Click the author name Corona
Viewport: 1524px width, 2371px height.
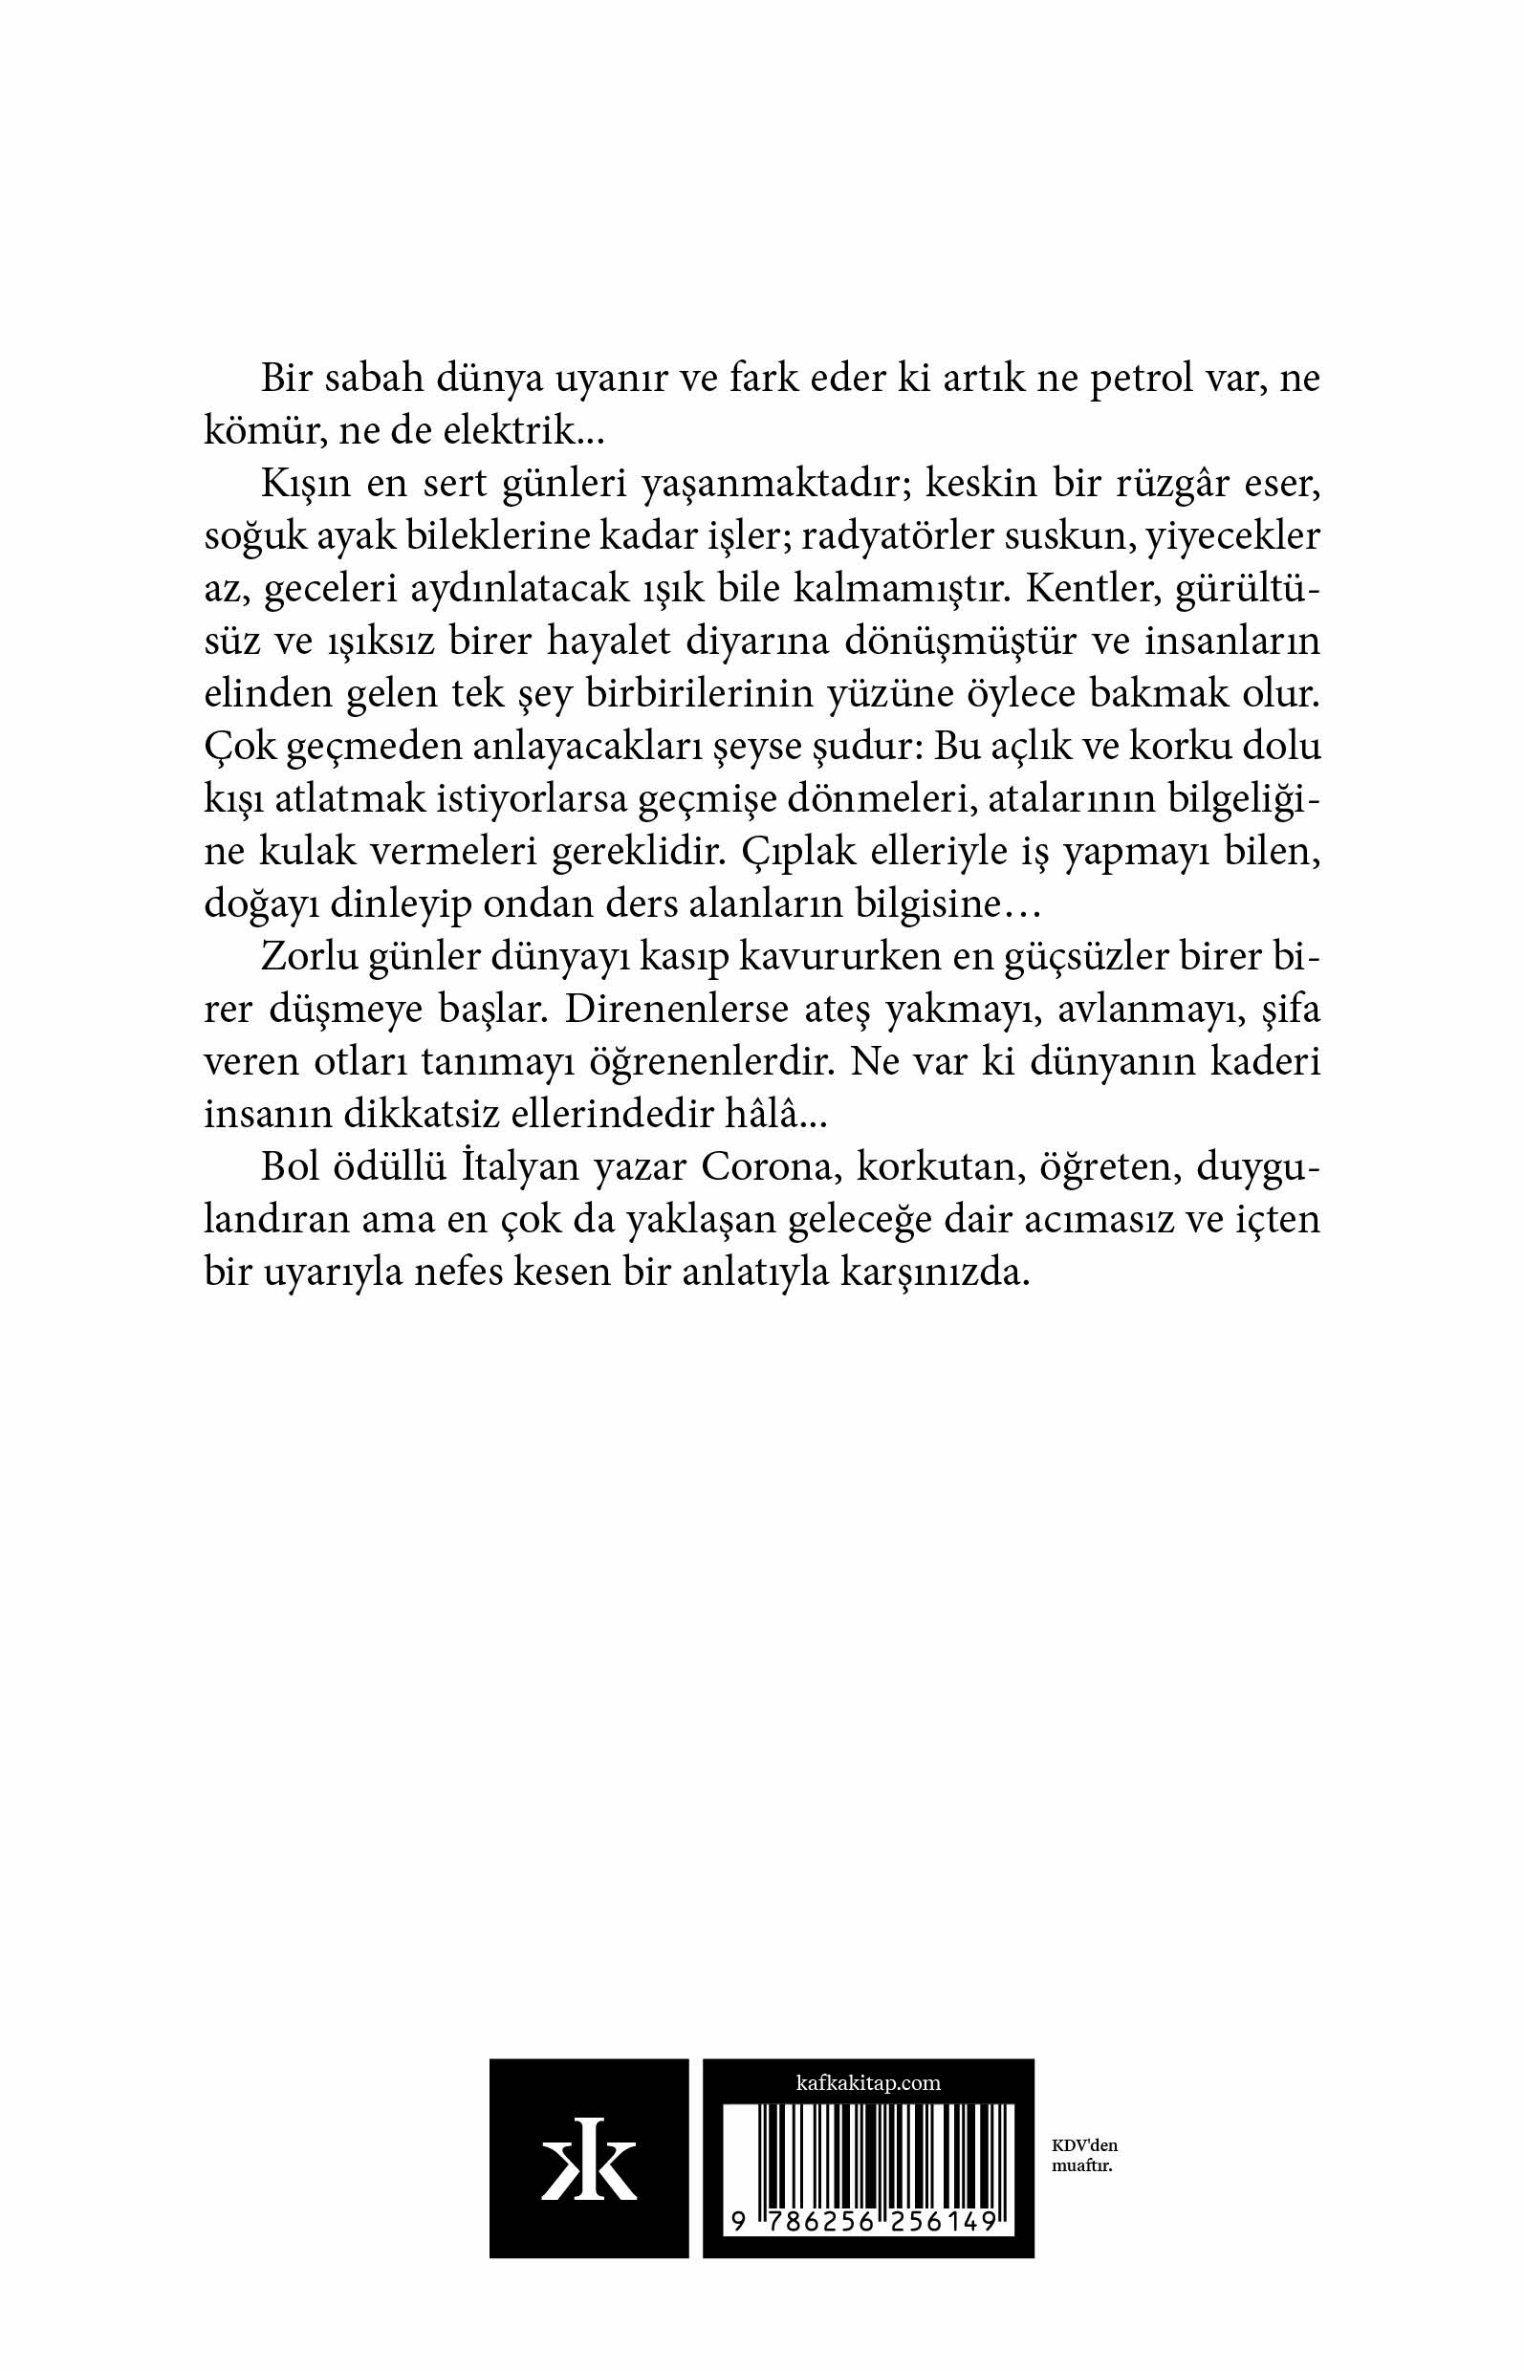point(763,1167)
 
